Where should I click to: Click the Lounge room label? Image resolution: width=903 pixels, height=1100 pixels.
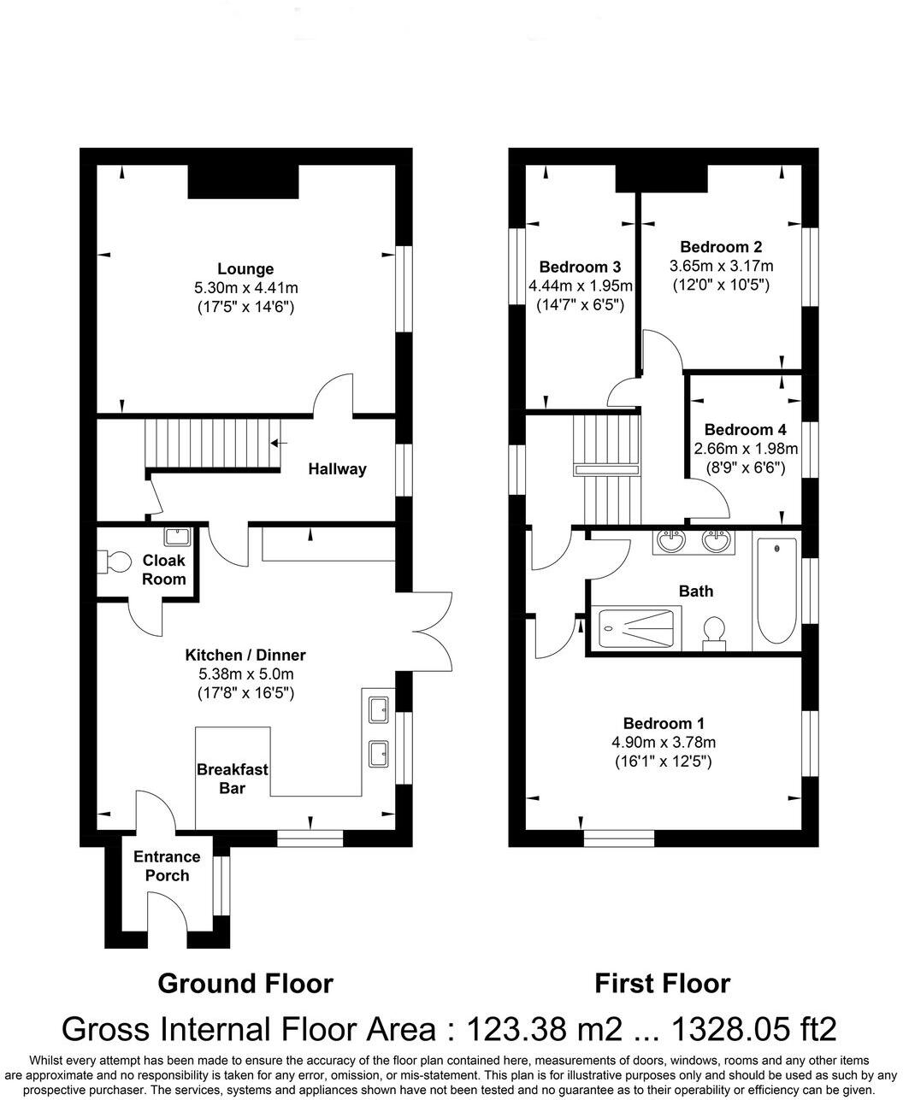(x=245, y=269)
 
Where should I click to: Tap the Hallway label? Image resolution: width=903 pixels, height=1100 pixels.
(x=337, y=468)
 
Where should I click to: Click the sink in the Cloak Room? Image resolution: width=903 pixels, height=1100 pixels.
(x=177, y=536)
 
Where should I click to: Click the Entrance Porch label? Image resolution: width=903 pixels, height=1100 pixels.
(x=167, y=866)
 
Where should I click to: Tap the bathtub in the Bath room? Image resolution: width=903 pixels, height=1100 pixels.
(x=776, y=591)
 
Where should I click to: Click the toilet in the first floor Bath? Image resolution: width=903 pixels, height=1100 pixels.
(x=712, y=633)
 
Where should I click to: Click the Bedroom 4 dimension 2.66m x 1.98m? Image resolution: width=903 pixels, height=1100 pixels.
(x=745, y=449)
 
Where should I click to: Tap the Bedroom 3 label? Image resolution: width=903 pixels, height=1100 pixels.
(x=580, y=266)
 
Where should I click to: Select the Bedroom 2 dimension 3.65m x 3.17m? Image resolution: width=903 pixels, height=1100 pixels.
(x=721, y=266)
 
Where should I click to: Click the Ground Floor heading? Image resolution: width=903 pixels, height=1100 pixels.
(x=245, y=983)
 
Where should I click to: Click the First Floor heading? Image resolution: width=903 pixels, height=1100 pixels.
(x=663, y=983)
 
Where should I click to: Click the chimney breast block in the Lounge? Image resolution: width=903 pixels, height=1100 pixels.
(x=244, y=181)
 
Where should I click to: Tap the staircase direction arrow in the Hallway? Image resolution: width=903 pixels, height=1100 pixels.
(x=278, y=443)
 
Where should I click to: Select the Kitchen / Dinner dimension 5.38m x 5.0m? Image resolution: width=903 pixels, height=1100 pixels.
(x=245, y=674)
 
